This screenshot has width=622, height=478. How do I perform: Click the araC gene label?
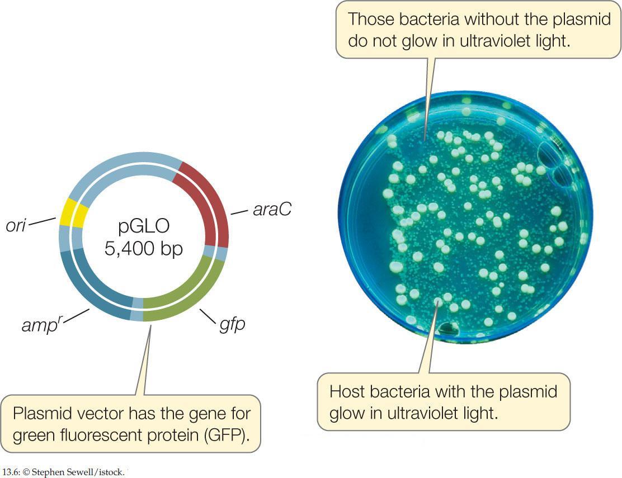[x=272, y=210]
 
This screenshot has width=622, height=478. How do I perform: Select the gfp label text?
[x=232, y=324]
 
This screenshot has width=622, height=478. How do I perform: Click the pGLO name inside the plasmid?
[x=144, y=227]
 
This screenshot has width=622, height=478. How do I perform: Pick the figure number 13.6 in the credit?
[x=10, y=472]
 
